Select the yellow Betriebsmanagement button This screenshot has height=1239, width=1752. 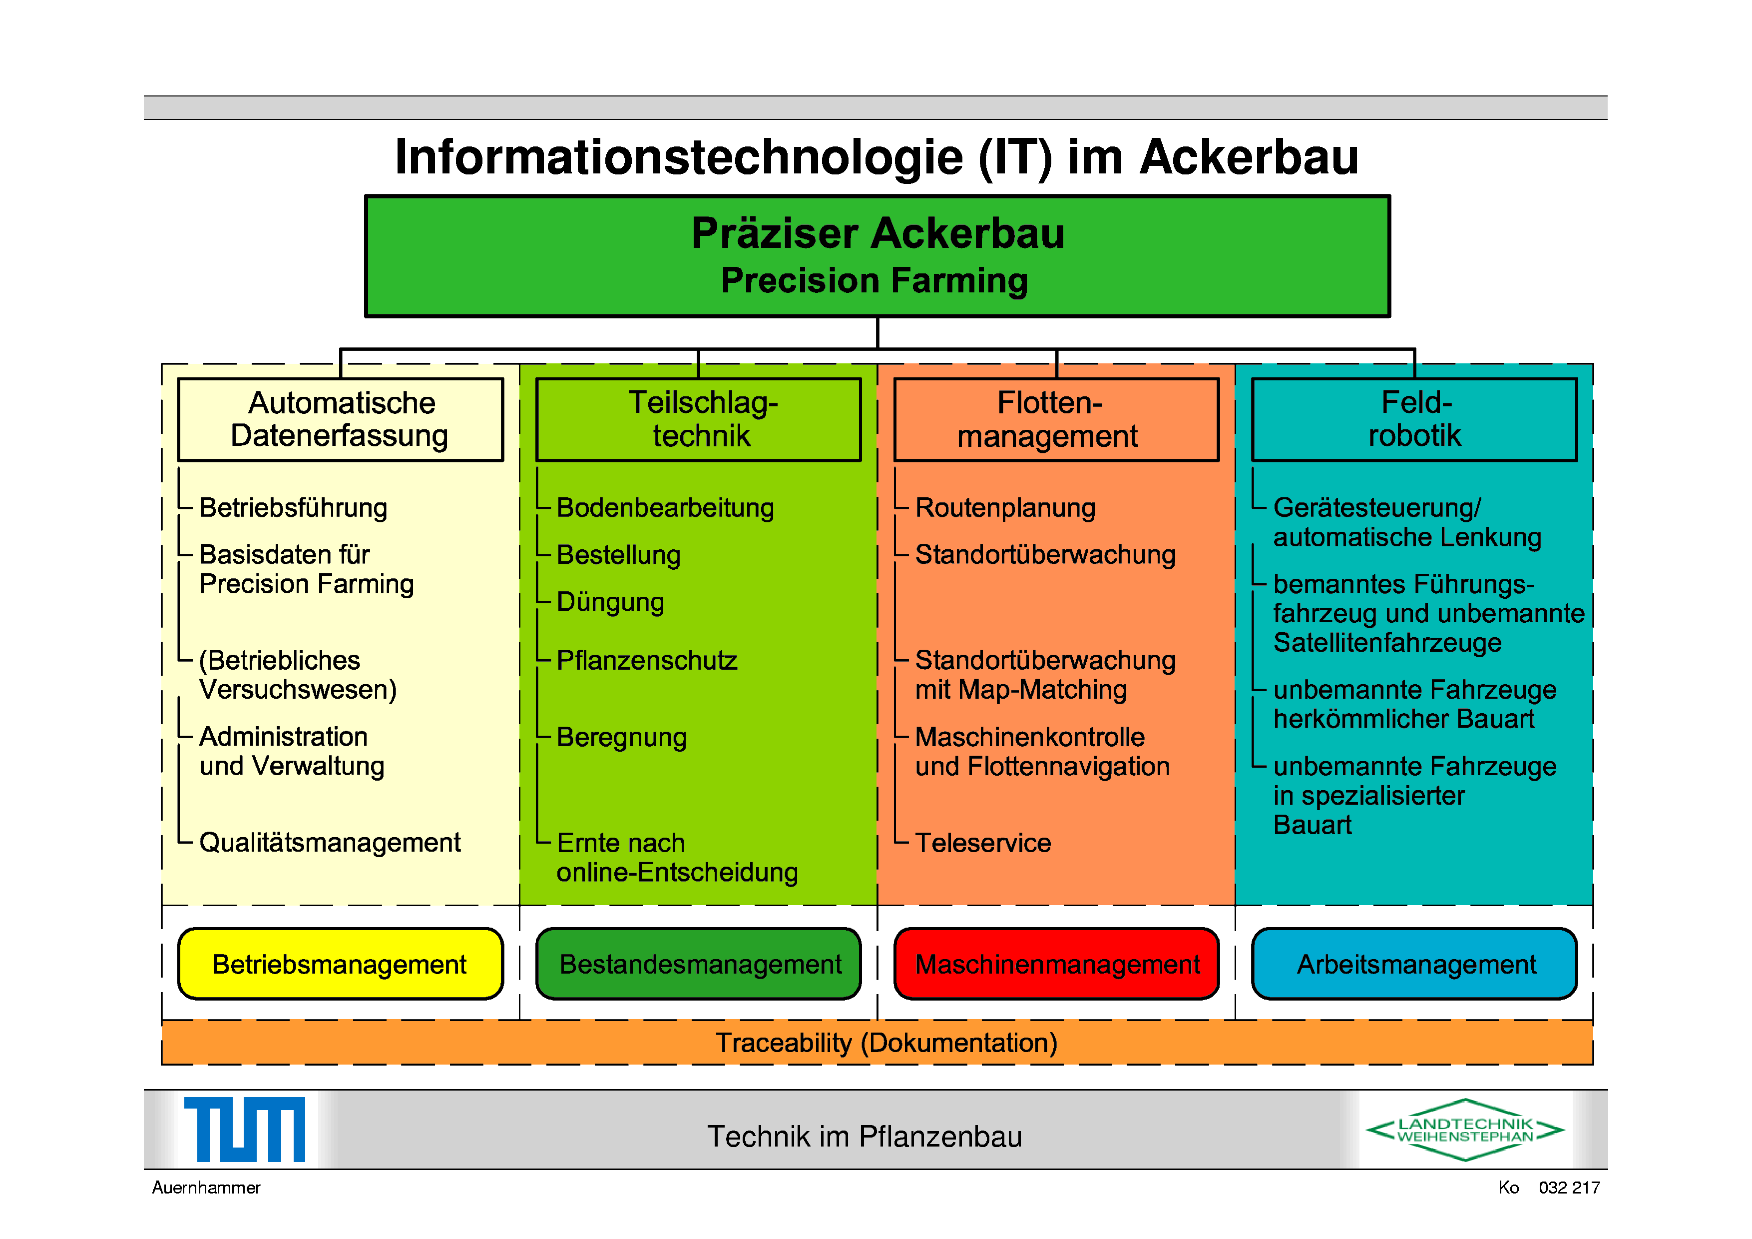340,964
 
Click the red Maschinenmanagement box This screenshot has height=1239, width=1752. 1056,964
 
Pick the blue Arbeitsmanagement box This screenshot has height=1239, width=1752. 1415,964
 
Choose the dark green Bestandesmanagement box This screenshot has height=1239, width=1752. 699,964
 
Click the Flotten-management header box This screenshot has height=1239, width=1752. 1056,420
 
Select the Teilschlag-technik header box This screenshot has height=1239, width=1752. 699,420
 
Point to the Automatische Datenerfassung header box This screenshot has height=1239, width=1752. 340,420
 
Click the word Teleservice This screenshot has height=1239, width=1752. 983,843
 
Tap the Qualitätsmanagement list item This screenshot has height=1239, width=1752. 330,843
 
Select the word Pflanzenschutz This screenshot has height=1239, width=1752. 647,660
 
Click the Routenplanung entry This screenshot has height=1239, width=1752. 1005,508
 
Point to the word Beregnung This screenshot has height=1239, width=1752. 622,737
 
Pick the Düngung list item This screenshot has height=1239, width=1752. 610,602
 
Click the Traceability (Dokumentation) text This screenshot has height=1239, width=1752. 886,1043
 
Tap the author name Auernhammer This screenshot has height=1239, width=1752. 206,1188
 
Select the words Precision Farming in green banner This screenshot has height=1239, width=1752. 875,281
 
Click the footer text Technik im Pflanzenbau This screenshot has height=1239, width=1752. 864,1137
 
